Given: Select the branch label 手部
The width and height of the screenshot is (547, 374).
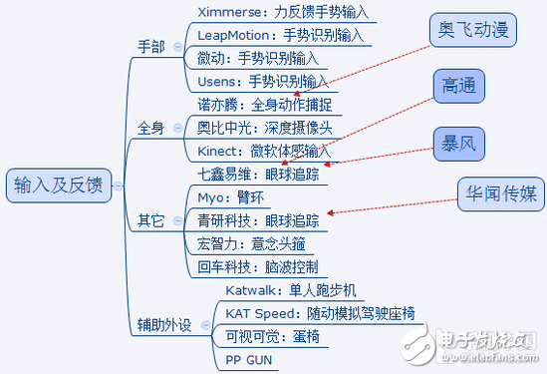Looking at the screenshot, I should coord(152,46).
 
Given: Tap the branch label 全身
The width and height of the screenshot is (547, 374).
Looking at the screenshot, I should coord(152,129).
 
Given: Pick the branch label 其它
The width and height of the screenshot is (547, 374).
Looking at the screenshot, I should coord(152,219).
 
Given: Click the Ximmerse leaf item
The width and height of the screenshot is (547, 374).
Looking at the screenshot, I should coord(282,13).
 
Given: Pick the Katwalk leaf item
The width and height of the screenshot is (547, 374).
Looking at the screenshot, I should coord(283,289).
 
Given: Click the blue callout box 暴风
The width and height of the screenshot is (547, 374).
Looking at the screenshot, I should coord(459,144).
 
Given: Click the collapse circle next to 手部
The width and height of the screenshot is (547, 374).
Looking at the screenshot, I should coord(177,46).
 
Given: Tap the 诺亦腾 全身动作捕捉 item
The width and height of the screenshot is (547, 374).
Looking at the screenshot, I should coord(264,104).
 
